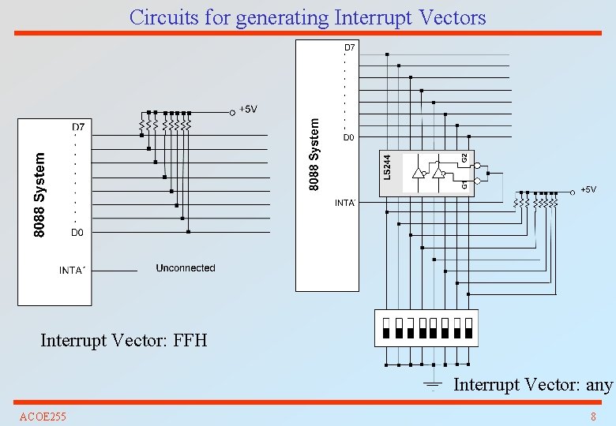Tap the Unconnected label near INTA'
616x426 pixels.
click(x=186, y=268)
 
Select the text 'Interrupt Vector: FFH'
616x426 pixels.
click(x=124, y=341)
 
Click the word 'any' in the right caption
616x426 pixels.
click(x=599, y=385)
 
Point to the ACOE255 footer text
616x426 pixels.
click(x=43, y=416)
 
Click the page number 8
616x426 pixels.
click(x=593, y=416)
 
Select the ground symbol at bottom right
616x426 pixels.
click(x=432, y=385)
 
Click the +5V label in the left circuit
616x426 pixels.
click(x=248, y=110)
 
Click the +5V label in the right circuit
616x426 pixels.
click(x=588, y=190)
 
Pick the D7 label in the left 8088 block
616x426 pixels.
click(x=78, y=127)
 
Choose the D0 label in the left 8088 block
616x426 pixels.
click(x=77, y=233)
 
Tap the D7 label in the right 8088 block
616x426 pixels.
click(x=349, y=48)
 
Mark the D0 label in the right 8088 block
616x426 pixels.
click(x=348, y=138)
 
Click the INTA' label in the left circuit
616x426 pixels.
click(x=72, y=271)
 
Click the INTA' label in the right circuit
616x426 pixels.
click(x=346, y=204)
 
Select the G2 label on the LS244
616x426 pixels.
click(x=464, y=158)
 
